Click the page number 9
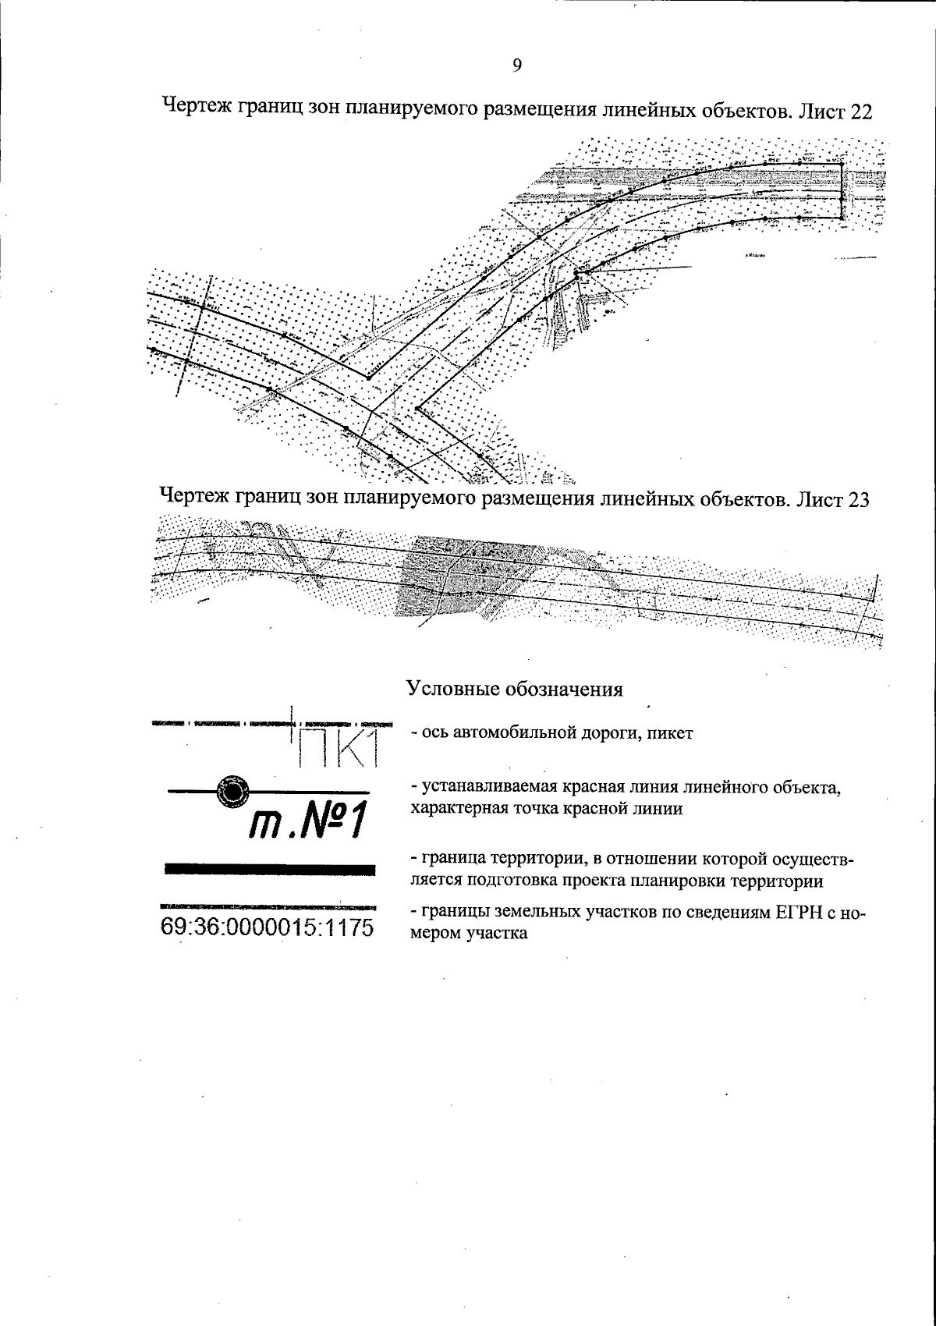(x=517, y=66)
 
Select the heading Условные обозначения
(x=515, y=690)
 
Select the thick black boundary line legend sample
(x=270, y=869)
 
